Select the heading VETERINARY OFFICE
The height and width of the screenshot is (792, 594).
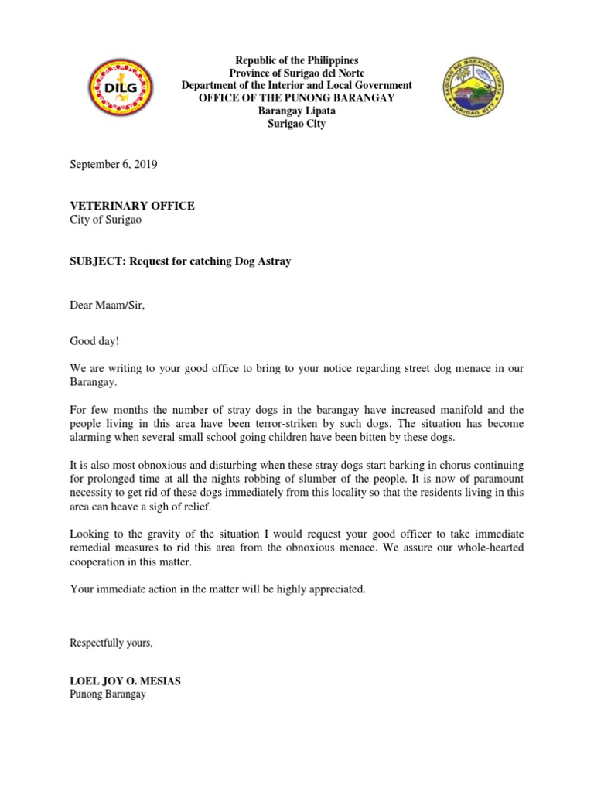(x=132, y=206)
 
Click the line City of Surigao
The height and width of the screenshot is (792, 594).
(x=104, y=220)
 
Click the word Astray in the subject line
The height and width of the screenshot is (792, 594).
(x=272, y=261)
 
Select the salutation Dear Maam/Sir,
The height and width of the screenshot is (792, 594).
(x=108, y=305)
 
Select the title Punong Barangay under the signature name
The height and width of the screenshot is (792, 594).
(x=108, y=695)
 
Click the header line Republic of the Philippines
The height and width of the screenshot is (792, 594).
(x=297, y=60)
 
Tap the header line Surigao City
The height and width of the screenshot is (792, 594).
(x=297, y=124)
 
